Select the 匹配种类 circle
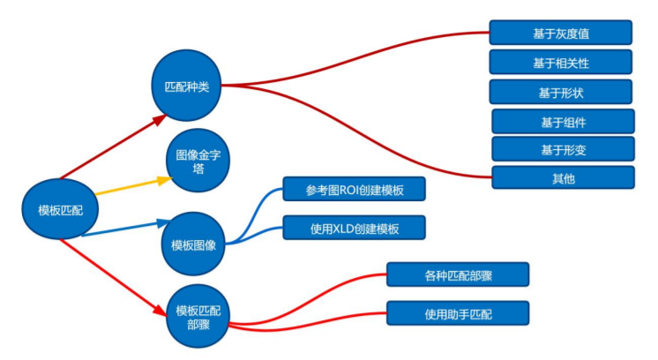[187, 86]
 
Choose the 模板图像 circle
[193, 244]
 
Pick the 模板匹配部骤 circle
[198, 316]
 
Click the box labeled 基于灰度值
[561, 33]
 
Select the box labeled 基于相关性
[561, 62]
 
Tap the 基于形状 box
[561, 92]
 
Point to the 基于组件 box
[563, 121]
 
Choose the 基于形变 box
[563, 149]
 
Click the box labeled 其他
[563, 177]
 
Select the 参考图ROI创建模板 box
[354, 189]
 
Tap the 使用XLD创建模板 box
[354, 228]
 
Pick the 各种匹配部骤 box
[458, 274]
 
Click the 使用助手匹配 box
[458, 313]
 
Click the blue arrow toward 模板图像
[123, 228]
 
